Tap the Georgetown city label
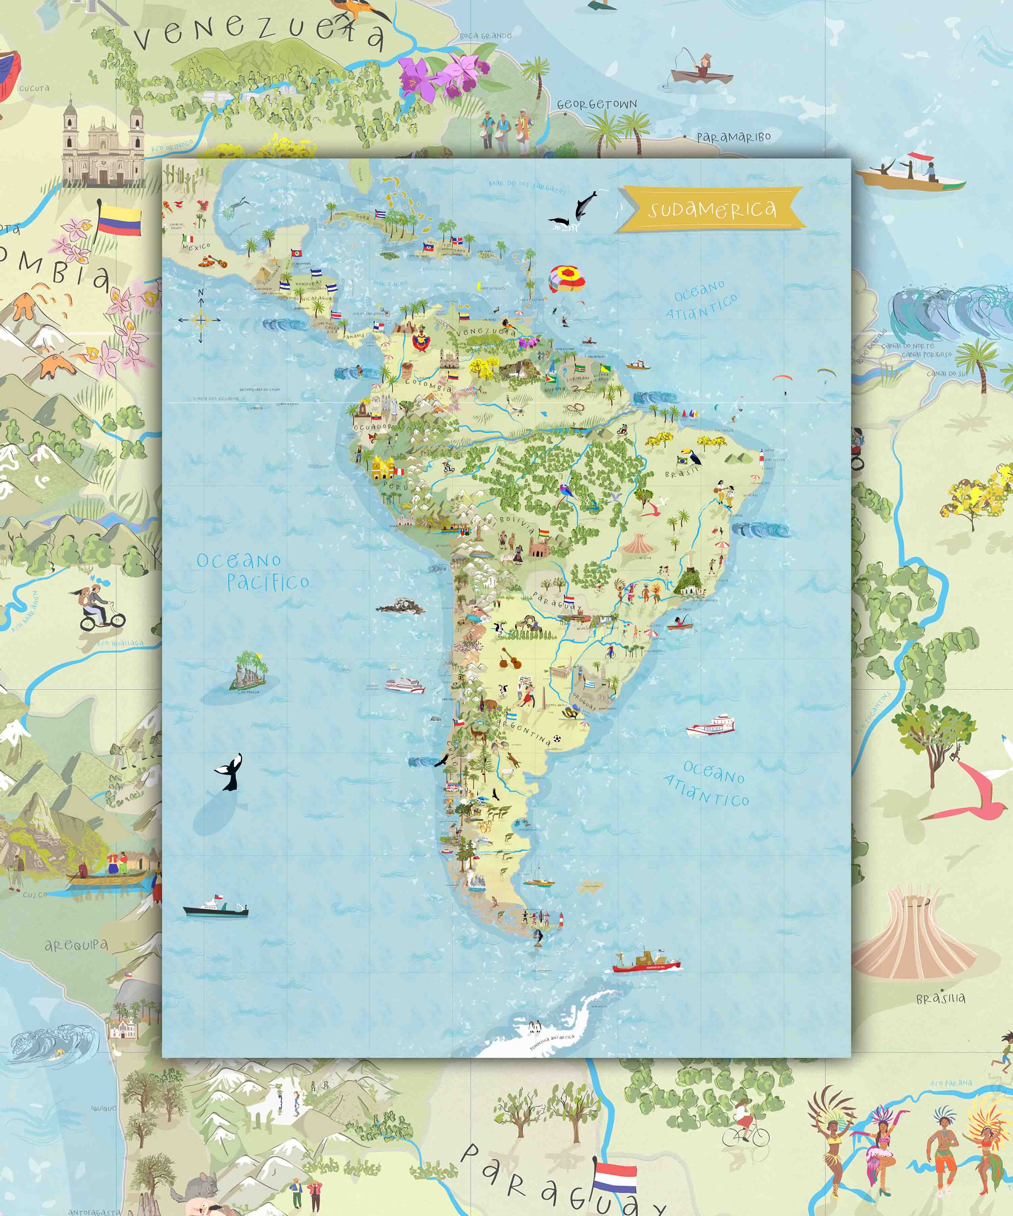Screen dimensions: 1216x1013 [x=596, y=105]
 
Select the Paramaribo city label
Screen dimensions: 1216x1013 [x=733, y=137]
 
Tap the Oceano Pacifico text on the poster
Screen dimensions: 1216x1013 [x=253, y=572]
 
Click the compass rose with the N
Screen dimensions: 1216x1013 [x=200, y=319]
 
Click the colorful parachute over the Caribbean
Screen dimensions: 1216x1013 [x=566, y=278]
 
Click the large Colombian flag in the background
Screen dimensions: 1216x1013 [x=119, y=220]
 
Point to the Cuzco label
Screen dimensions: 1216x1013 [x=35, y=895]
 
